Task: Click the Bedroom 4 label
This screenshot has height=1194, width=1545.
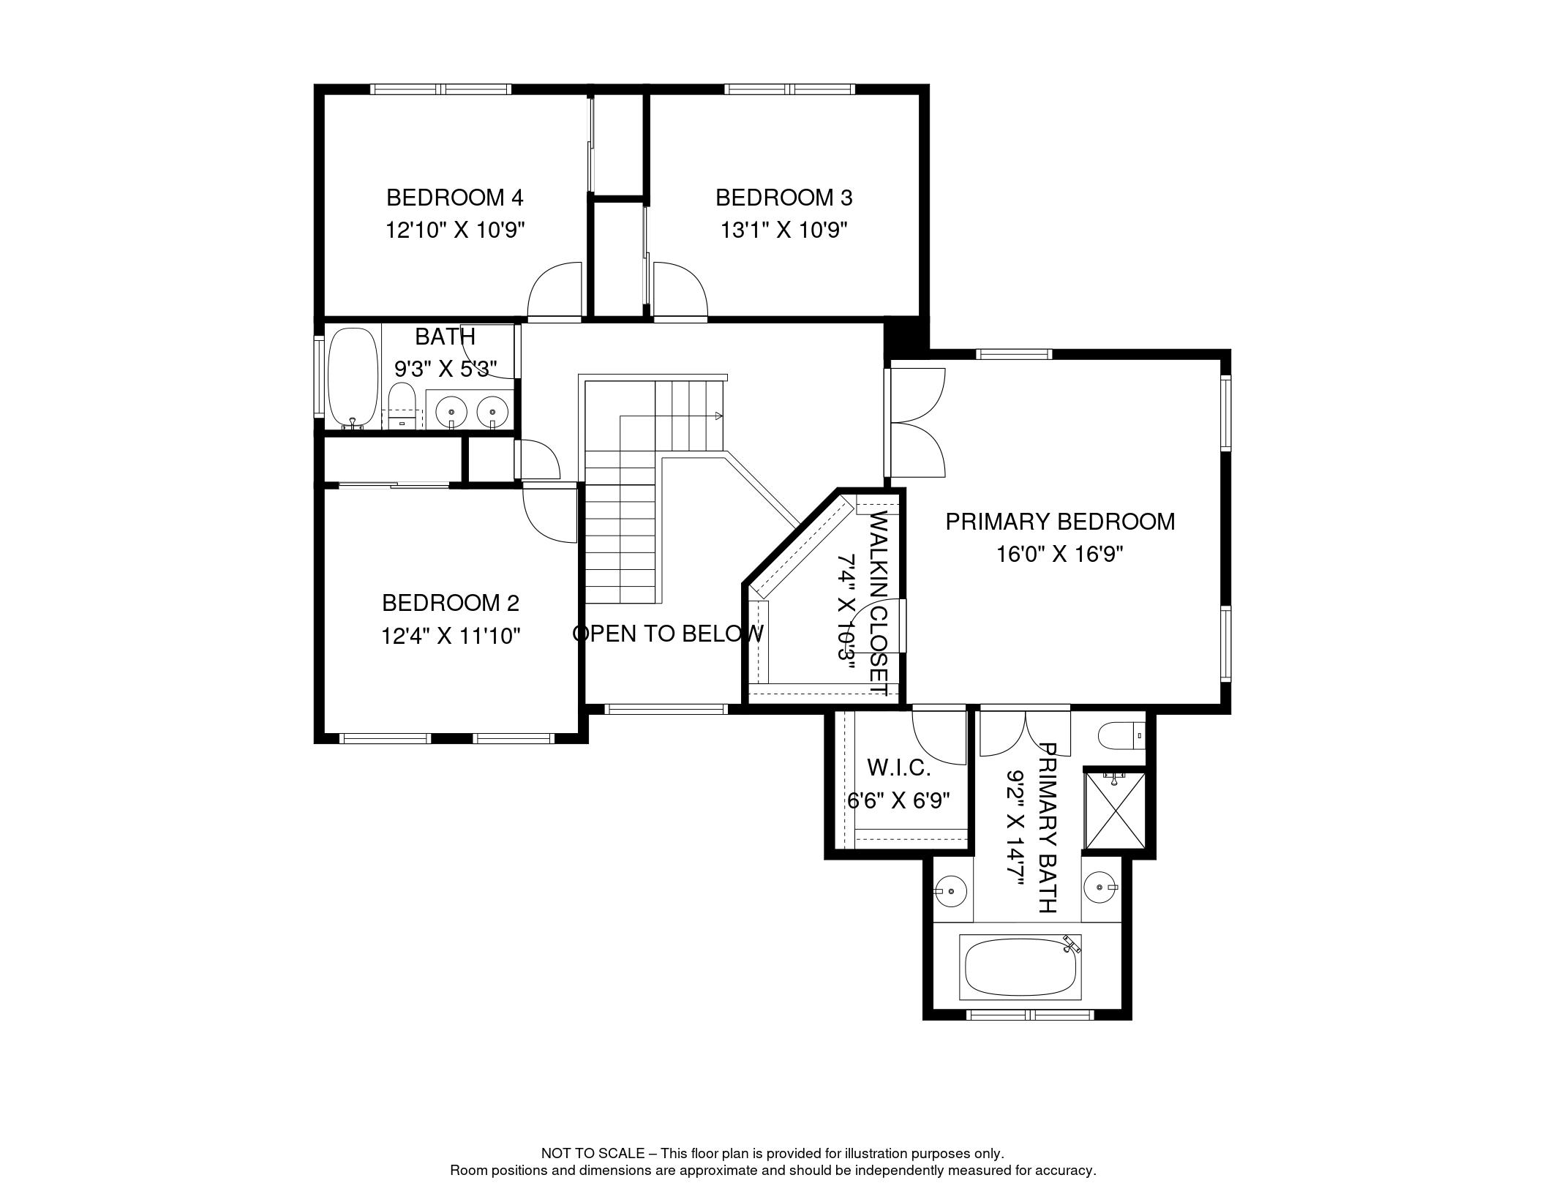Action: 454,198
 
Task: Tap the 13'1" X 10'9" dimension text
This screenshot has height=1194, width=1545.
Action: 783,231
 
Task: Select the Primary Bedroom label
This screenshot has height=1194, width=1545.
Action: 1060,522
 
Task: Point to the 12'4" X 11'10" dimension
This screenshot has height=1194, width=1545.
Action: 450,637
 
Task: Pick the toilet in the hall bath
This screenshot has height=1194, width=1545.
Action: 402,407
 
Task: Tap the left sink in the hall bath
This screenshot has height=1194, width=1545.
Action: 451,412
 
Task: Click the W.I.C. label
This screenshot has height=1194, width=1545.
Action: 899,767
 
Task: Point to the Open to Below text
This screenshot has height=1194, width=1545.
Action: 668,634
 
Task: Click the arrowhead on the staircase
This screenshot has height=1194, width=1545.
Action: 718,416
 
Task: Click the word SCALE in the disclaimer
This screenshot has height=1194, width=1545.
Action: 621,1154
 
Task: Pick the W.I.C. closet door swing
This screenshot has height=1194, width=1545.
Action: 939,739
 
